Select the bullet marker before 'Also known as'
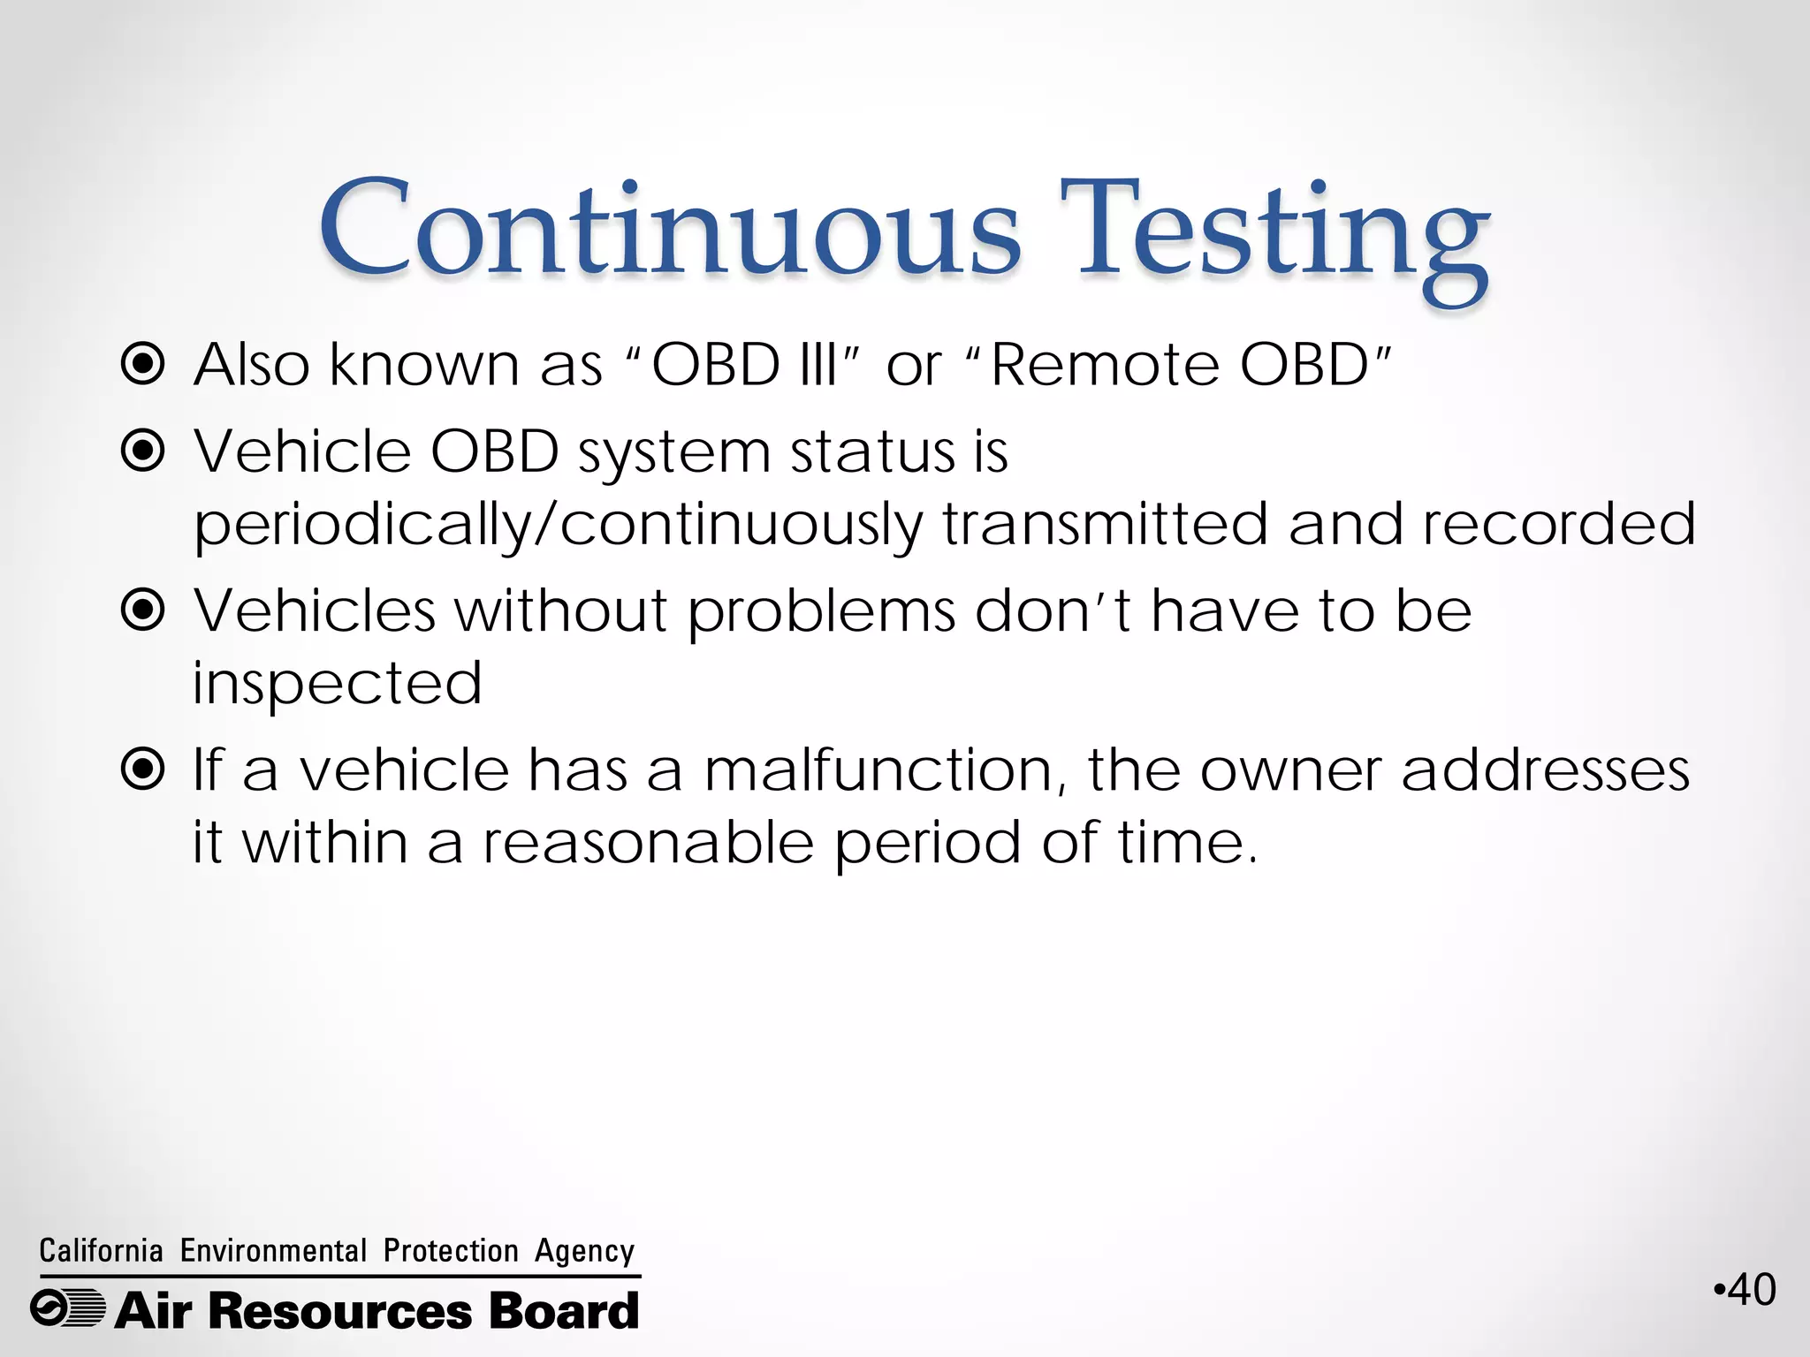142,364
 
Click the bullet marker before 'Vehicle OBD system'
142,451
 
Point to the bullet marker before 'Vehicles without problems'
142,610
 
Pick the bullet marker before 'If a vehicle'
142,769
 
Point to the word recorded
1559,524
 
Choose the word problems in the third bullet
822,612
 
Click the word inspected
338,684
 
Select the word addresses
1545,769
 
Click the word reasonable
648,842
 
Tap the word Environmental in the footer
273,1251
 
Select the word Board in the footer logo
564,1310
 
